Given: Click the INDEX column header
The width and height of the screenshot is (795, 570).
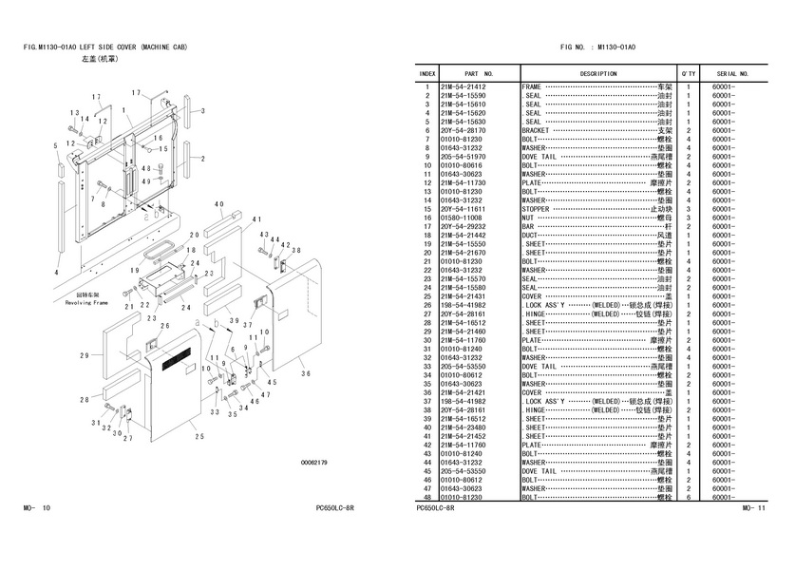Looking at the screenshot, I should (427, 73).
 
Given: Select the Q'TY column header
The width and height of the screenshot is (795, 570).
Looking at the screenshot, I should (688, 73).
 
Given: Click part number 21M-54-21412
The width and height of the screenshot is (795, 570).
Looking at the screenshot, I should (464, 86).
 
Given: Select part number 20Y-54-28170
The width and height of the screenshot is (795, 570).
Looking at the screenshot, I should (464, 131).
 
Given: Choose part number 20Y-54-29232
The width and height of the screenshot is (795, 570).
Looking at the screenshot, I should (464, 226).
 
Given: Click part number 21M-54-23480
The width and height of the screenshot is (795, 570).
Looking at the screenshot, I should (464, 427).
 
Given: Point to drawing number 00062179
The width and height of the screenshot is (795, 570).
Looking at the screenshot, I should (313, 463).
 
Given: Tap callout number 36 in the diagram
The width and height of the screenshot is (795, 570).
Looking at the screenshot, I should (306, 373).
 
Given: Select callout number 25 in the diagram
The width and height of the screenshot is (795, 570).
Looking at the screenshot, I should (199, 436).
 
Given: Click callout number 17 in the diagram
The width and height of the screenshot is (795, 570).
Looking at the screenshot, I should (136, 92).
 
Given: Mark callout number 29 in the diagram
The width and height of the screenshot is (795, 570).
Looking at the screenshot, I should (84, 355).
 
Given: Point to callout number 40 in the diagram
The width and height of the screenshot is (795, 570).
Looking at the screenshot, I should (218, 204).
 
